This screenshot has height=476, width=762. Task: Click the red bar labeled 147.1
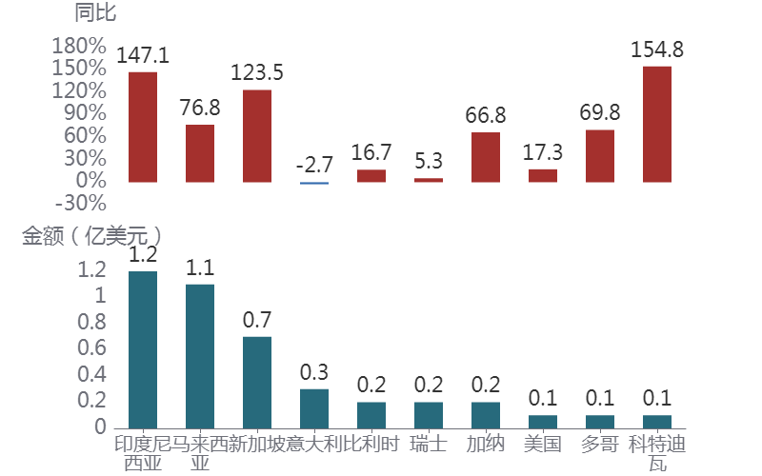pyautogui.click(x=143, y=126)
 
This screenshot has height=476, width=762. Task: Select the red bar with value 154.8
pyautogui.click(x=657, y=123)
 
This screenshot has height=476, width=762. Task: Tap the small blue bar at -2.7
pyautogui.click(x=314, y=183)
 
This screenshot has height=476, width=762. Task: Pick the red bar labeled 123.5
pyautogui.click(x=257, y=135)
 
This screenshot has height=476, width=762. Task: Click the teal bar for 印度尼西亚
pyautogui.click(x=143, y=349)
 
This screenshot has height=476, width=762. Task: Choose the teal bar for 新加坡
pyautogui.click(x=257, y=382)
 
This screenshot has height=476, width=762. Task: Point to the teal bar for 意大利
pyautogui.click(x=314, y=407)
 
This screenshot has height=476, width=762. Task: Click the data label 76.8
pyautogui.click(x=200, y=108)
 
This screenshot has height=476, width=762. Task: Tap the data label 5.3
pyautogui.click(x=429, y=161)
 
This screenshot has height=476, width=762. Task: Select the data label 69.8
pyautogui.click(x=600, y=113)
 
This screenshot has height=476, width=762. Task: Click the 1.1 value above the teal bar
pyautogui.click(x=200, y=268)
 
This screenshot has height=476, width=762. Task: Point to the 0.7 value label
pyautogui.click(x=257, y=320)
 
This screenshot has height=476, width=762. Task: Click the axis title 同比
pyautogui.click(x=94, y=13)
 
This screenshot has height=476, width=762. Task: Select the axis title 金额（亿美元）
pyautogui.click(x=91, y=236)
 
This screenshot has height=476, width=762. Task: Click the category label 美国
pyautogui.click(x=543, y=444)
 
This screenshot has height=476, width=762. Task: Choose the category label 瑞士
pyautogui.click(x=429, y=444)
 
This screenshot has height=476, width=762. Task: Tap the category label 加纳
pyautogui.click(x=486, y=444)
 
